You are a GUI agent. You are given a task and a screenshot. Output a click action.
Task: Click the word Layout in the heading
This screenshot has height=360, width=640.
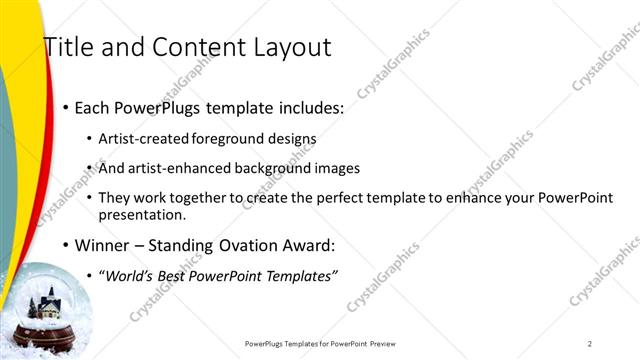pos(291,47)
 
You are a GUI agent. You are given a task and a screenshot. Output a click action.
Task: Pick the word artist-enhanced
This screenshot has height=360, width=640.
pos(174,169)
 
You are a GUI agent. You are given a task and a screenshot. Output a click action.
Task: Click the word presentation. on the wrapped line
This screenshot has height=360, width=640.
pos(142,215)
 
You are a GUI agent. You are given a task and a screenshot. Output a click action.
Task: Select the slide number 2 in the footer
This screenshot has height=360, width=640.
pos(590,344)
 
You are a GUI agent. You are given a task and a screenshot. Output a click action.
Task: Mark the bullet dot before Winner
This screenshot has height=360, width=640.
pos(66,245)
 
